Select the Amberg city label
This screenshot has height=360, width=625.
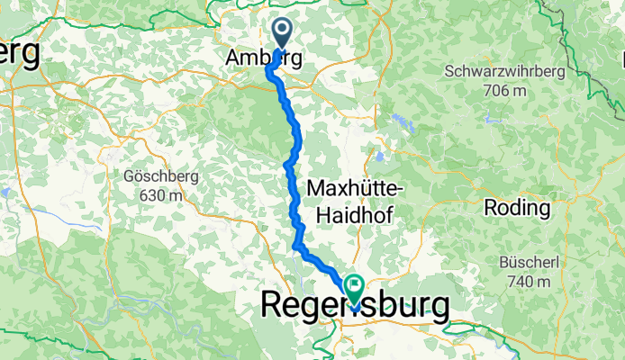pos(262,57)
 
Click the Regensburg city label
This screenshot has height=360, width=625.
pos(354,305)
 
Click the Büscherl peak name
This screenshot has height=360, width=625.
pos(529,264)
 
